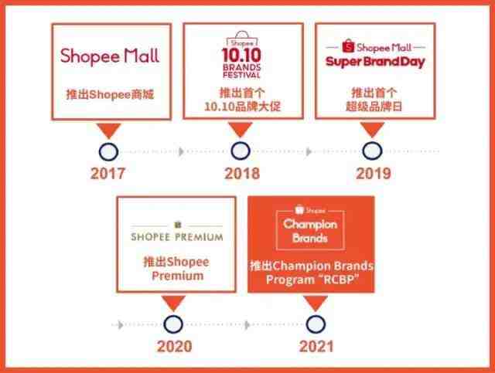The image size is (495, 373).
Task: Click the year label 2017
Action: click(108, 173)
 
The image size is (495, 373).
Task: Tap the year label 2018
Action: click(242, 173)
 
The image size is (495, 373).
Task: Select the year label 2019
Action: click(374, 173)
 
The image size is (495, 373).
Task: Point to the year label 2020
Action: click(174, 346)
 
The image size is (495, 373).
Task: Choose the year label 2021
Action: click(316, 346)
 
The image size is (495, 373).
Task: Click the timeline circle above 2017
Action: click(108, 152)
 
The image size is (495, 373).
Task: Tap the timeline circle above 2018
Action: click(241, 151)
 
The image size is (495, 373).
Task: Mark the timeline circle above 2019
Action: click(373, 151)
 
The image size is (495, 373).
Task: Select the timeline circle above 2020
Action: click(173, 324)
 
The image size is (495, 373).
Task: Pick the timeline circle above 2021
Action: click(316, 324)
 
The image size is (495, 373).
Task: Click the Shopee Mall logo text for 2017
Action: click(110, 56)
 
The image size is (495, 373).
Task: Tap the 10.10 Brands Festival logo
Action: click(242, 55)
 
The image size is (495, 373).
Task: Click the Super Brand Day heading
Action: click(375, 62)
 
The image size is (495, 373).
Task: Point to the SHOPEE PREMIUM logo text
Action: click(177, 237)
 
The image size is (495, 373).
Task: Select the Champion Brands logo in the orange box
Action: click(310, 228)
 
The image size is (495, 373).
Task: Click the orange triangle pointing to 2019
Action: click(373, 129)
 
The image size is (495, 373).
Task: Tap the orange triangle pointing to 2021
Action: click(316, 303)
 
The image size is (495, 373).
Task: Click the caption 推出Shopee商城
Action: click(110, 94)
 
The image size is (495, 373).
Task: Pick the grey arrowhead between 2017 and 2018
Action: click(181, 151)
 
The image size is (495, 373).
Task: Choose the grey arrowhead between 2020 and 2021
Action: click(247, 324)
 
